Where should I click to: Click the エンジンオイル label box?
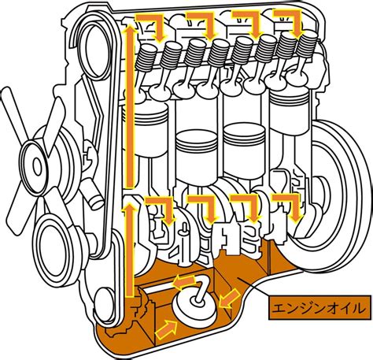pyautogui.click(x=320, y=307)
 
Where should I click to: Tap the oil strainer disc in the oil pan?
pyautogui.click(x=195, y=309)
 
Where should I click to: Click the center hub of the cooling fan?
pyautogui.click(x=37, y=165)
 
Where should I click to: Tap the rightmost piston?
pyautogui.click(x=289, y=109)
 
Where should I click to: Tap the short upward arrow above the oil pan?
pyautogui.click(x=130, y=251)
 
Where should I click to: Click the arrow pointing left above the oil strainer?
pyautogui.click(x=184, y=281)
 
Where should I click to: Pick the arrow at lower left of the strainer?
pyautogui.click(x=166, y=329)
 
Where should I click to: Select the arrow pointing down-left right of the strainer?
pyautogui.click(x=229, y=298)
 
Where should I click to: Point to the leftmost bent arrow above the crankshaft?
pyautogui.click(x=163, y=208)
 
